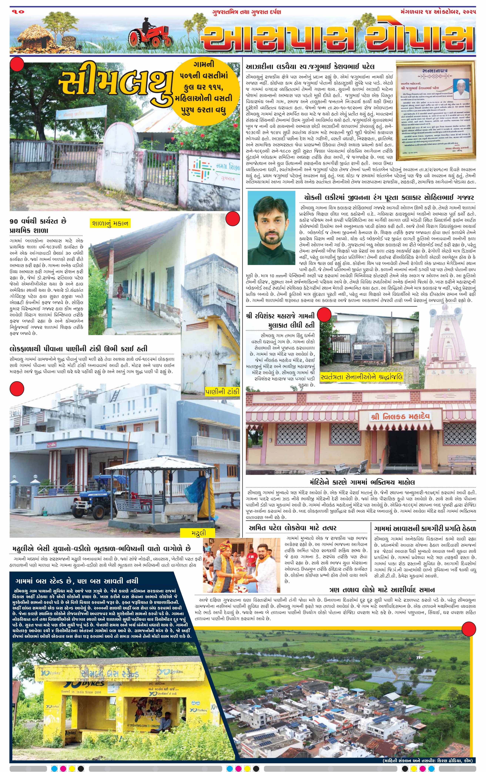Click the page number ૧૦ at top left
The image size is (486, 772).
click(19, 12)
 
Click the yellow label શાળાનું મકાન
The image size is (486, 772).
click(110, 223)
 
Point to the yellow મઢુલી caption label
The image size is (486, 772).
click(198, 532)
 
